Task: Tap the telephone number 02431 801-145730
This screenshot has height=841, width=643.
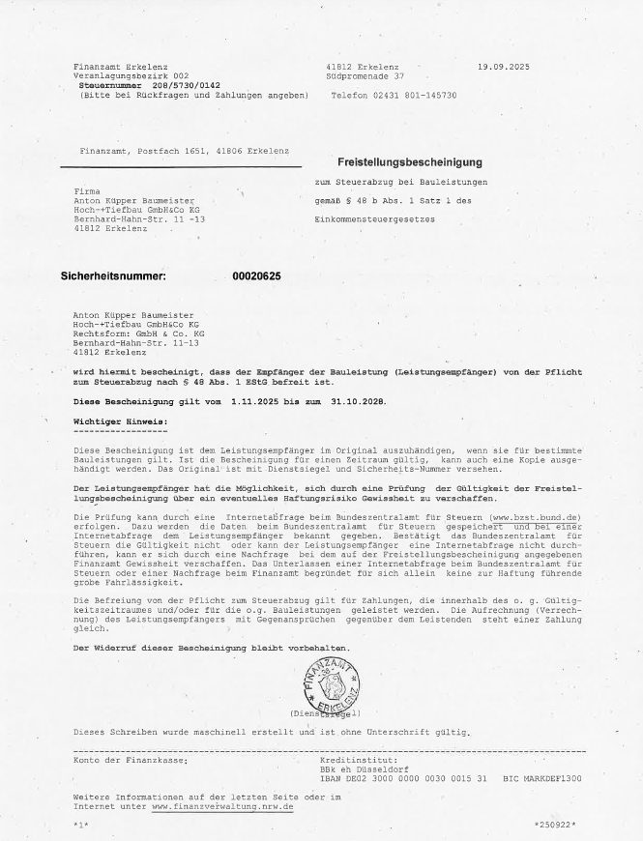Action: point(394,96)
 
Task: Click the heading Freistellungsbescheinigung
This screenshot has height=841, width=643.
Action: point(409,161)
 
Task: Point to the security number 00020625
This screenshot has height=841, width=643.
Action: point(257,276)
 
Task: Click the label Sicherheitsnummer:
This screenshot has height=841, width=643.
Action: point(113,276)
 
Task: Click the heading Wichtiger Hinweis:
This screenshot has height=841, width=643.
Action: point(121,421)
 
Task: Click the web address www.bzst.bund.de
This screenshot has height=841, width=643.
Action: point(536,518)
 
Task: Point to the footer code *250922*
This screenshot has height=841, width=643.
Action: point(555,825)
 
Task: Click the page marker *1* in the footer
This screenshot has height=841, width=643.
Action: point(80,825)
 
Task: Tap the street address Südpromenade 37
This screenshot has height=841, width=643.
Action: point(365,74)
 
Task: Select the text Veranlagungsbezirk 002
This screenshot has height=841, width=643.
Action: point(131,74)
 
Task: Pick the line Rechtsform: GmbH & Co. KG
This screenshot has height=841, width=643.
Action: point(138,333)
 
